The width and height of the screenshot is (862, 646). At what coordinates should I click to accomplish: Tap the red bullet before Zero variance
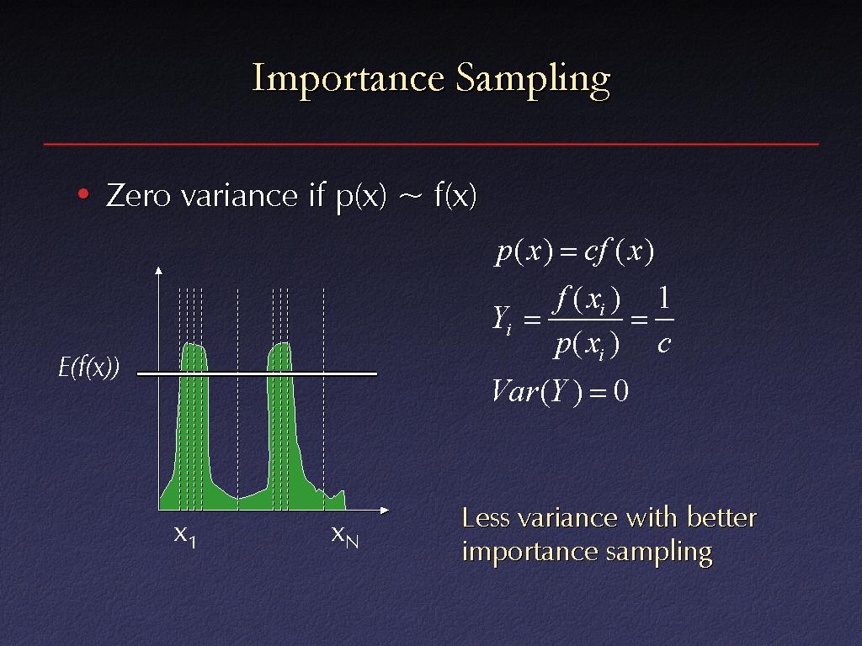[83, 194]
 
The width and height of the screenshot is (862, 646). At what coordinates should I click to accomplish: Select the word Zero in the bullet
[138, 195]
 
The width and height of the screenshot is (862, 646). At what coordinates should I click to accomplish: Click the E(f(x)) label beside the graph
[88, 367]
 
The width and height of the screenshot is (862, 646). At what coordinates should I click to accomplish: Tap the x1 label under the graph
[184, 536]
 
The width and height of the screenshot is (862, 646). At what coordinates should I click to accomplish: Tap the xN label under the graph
[344, 536]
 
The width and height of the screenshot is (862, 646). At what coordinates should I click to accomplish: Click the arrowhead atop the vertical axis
[159, 270]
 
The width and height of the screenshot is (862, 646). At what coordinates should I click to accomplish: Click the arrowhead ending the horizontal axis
[385, 510]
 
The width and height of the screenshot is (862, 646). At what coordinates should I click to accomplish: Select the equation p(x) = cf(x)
[574, 252]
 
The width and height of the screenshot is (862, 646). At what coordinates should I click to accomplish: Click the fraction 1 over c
[664, 319]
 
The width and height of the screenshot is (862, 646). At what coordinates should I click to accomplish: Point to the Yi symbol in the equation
[502, 319]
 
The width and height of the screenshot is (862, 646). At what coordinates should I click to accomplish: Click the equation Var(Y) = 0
[560, 392]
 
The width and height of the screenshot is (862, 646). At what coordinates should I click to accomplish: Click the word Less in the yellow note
[486, 517]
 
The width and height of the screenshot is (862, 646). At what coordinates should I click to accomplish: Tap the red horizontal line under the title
[431, 144]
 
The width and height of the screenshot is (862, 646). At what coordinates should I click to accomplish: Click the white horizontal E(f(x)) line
[257, 373]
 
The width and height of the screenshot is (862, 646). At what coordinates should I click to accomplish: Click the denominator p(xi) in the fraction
[587, 345]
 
